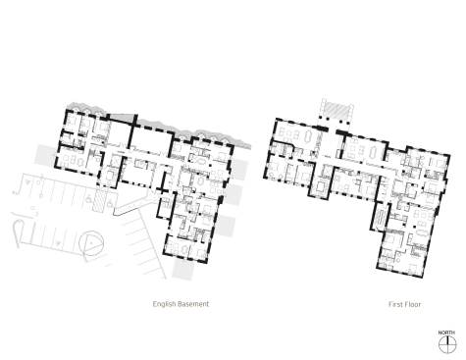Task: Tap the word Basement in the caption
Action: point(194,304)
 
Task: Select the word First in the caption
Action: point(395,304)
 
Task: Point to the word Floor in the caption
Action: point(413,304)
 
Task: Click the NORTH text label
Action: point(446,333)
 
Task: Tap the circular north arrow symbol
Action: point(447,344)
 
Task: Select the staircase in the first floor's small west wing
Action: point(380,219)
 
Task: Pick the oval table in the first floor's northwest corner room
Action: point(308,135)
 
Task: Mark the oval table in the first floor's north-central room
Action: point(374,152)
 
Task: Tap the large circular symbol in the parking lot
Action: point(92,243)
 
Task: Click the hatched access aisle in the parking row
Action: point(99,200)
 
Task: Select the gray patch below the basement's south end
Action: point(183,269)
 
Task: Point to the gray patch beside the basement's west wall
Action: point(46,156)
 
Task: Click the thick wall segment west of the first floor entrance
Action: point(323,129)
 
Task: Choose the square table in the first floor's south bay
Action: point(320,187)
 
